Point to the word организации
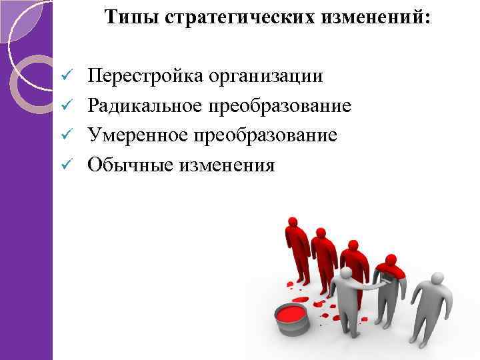click(266, 76)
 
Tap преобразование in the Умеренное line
click(271, 135)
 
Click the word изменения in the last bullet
click(226, 164)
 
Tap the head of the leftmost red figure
click(293, 221)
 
